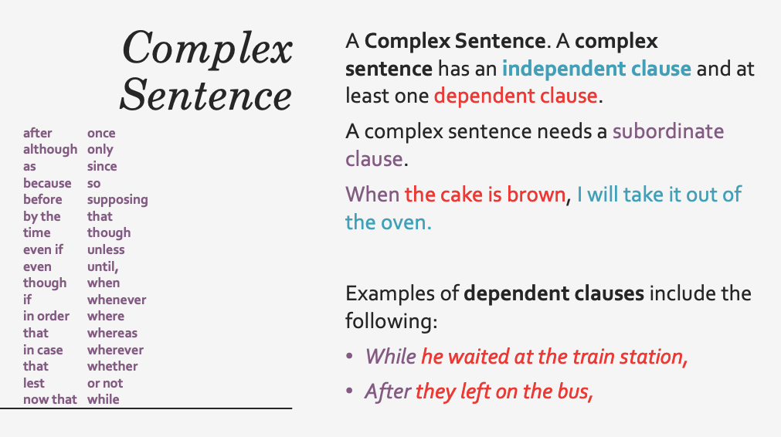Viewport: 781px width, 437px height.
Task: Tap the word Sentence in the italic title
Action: [205, 94]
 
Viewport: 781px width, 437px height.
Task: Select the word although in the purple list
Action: [50, 150]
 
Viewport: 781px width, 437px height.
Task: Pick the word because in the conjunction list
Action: [47, 183]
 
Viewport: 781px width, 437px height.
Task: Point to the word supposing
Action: [117, 200]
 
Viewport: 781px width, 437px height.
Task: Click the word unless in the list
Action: [106, 249]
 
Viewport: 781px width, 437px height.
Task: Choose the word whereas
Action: [112, 333]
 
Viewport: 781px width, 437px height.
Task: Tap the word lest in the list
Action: [34, 383]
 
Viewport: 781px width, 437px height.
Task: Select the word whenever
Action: [117, 300]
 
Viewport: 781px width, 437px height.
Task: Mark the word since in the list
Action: [102, 166]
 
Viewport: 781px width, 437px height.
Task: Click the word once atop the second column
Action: [101, 133]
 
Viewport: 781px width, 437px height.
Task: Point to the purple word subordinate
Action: [668, 131]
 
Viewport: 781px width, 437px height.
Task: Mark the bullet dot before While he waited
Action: [350, 356]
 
